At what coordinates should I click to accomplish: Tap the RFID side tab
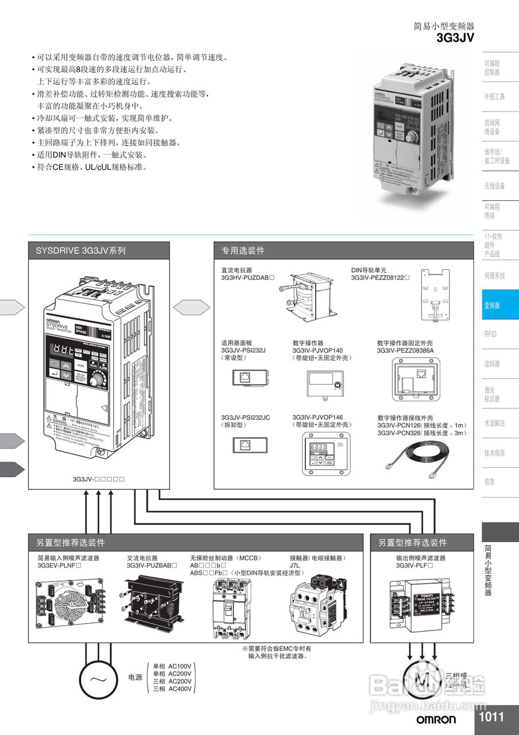coord(490,334)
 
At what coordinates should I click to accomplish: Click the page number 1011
coord(491,717)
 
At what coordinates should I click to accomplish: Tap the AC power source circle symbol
coord(98,678)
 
